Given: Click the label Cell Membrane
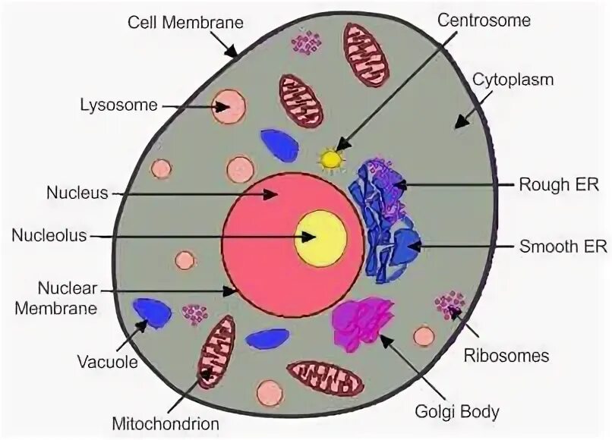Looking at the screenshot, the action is [x=185, y=22].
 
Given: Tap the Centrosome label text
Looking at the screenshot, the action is [x=484, y=21].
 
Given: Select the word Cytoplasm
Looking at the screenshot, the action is [x=513, y=79].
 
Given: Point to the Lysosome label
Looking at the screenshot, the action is [x=118, y=104].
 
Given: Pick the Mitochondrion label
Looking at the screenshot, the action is [x=165, y=422].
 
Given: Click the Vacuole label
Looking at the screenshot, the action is [x=108, y=362].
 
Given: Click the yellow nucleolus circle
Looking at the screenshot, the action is [x=321, y=236].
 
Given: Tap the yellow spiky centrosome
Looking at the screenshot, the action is [x=331, y=159].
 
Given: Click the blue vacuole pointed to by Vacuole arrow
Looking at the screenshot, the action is [x=153, y=313].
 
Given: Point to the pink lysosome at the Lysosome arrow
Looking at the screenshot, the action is [x=229, y=107].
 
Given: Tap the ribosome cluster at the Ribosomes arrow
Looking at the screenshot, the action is [x=450, y=304].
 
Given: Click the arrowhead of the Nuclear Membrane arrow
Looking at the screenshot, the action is [x=232, y=291].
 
